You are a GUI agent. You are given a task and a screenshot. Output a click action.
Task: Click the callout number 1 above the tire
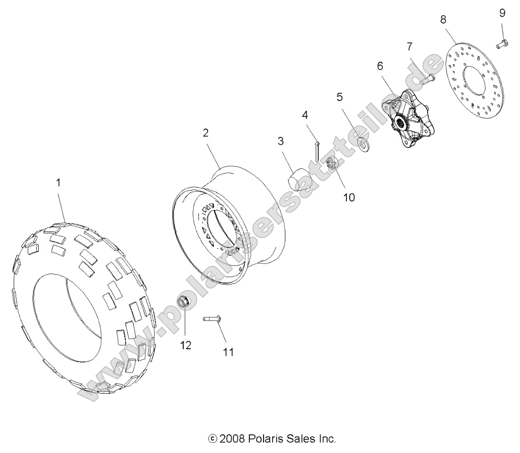pyautogui.click(x=58, y=182)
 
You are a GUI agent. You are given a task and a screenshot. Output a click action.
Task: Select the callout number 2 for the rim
pyautogui.click(x=206, y=133)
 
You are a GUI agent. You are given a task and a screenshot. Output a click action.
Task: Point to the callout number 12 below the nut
pyautogui.click(x=186, y=345)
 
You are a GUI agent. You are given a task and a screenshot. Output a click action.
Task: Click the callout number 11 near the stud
pyautogui.click(x=228, y=352)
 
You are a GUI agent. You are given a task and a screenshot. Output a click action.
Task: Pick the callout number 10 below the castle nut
pyautogui.click(x=349, y=197)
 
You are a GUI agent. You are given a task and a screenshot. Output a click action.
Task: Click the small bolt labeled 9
pyautogui.click(x=501, y=44)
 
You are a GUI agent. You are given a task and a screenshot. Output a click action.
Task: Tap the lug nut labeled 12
pyautogui.click(x=183, y=302)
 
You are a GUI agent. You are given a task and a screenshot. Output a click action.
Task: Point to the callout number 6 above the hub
pyautogui.click(x=380, y=66)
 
